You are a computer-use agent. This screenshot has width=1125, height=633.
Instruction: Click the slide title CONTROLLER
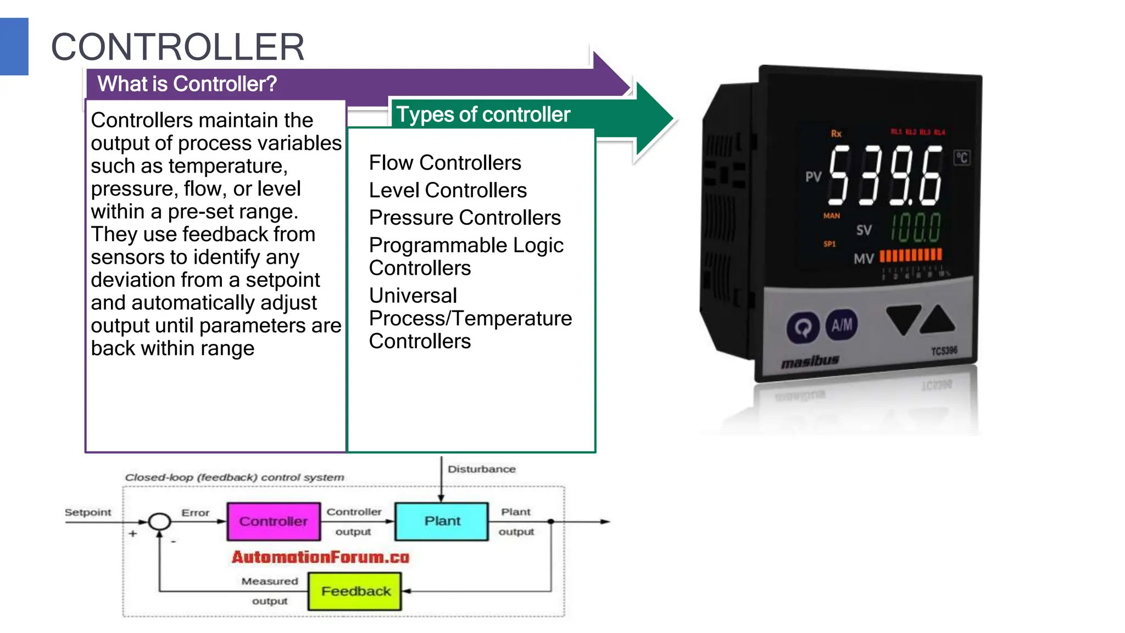pos(177,47)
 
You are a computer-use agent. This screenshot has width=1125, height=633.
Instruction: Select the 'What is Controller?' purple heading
pos(187,84)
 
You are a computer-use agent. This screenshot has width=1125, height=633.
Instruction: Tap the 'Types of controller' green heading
pos(483,114)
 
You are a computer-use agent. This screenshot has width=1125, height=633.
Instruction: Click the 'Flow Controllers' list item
pos(445,163)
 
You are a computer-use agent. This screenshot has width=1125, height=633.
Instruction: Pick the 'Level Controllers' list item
pos(448,190)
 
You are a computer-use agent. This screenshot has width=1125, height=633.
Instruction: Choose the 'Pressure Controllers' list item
pos(465,218)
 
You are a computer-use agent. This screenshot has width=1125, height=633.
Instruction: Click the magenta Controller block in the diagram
pos(274,521)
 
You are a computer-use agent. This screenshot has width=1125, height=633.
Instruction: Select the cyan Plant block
pos(442,521)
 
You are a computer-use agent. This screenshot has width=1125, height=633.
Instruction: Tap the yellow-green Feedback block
pos(355,591)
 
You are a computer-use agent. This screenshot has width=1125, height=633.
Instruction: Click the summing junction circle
pos(159,521)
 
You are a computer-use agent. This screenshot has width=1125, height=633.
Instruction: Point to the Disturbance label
pos(481,469)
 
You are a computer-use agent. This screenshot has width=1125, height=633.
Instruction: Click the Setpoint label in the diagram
pos(88,512)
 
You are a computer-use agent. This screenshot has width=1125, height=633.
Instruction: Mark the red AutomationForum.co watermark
pos(320,557)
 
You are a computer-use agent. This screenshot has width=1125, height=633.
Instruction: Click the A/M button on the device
pos(842,325)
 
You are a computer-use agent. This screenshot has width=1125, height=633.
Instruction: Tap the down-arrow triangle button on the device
pos(903,319)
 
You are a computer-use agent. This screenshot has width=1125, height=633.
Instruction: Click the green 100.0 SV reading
pos(915,227)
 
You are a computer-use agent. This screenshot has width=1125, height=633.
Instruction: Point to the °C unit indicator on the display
pos(962,158)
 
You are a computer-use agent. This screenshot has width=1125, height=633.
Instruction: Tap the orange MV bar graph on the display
pos(911,255)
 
